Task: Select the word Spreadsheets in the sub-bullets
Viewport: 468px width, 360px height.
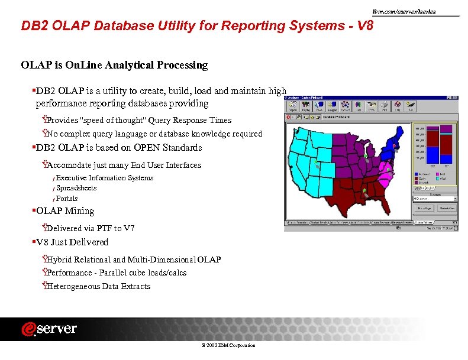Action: coord(76,188)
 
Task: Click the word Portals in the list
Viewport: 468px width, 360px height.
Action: coord(67,199)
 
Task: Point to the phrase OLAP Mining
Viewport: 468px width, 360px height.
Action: coord(65,211)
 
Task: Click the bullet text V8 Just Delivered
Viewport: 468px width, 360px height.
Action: coord(72,242)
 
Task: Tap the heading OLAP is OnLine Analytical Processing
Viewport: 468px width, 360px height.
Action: coord(114,65)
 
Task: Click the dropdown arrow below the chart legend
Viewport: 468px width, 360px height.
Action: coord(451,199)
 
